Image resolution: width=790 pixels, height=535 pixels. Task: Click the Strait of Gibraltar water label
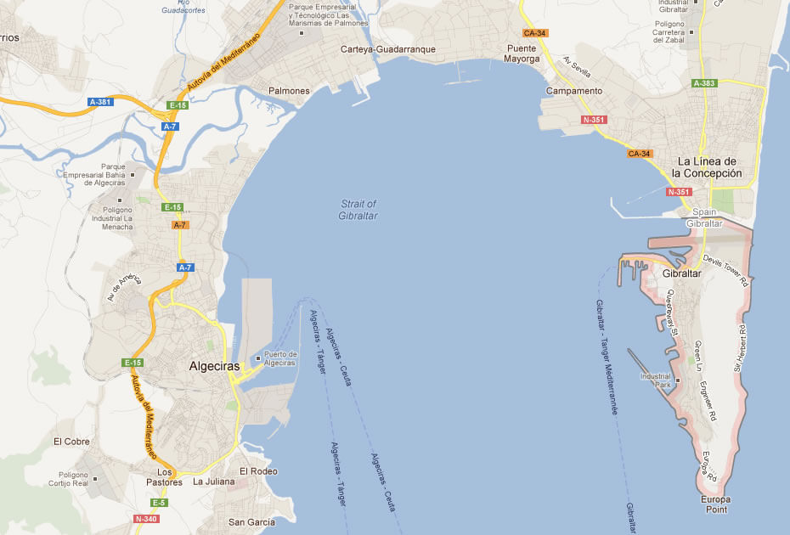358,210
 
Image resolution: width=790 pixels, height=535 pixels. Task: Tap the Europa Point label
716,504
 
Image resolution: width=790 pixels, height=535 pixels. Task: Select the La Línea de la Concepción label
706,167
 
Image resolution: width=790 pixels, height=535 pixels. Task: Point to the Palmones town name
289,91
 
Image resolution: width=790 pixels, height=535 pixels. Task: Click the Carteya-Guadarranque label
387,49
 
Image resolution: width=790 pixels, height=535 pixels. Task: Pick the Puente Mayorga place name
522,53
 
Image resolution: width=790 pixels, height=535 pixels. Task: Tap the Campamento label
574,91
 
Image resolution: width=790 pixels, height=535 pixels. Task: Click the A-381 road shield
100,102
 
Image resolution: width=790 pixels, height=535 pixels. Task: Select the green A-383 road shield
704,83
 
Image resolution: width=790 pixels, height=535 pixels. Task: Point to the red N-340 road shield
146,518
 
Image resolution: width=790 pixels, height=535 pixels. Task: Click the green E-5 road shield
160,503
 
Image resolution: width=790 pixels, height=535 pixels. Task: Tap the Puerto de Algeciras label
280,358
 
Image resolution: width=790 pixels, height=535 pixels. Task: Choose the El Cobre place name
71,442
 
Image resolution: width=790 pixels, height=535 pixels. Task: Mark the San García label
252,521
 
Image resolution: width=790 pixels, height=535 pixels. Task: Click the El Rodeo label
258,471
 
